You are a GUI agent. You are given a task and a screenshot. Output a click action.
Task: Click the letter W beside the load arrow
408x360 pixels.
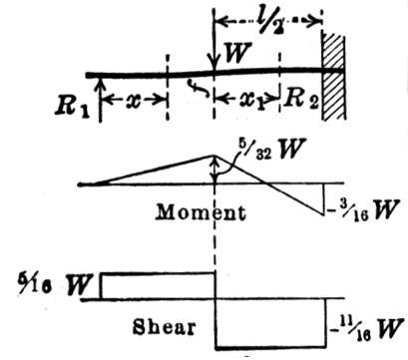(236, 53)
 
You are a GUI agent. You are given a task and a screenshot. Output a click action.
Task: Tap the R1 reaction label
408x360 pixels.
(72, 106)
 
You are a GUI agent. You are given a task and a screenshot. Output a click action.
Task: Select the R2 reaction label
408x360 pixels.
(302, 99)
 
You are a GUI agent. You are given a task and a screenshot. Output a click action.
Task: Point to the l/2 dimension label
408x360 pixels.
(268, 21)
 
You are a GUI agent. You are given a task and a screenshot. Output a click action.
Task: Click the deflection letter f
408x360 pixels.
(197, 87)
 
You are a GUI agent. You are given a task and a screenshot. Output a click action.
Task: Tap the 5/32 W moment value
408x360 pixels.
(271, 150)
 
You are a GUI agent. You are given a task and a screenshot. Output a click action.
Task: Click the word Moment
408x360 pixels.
(201, 212)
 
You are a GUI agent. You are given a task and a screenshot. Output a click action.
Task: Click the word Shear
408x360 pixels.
(164, 327)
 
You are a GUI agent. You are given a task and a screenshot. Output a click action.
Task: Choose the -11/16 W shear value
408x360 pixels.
(366, 328)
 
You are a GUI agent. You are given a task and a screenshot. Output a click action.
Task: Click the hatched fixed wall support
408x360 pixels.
(333, 76)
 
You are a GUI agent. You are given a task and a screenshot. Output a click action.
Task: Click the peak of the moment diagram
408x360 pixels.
(213, 156)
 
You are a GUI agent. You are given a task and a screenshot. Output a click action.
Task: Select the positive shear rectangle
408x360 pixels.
(159, 286)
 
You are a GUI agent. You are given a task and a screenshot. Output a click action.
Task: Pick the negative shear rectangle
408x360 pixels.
(270, 324)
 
